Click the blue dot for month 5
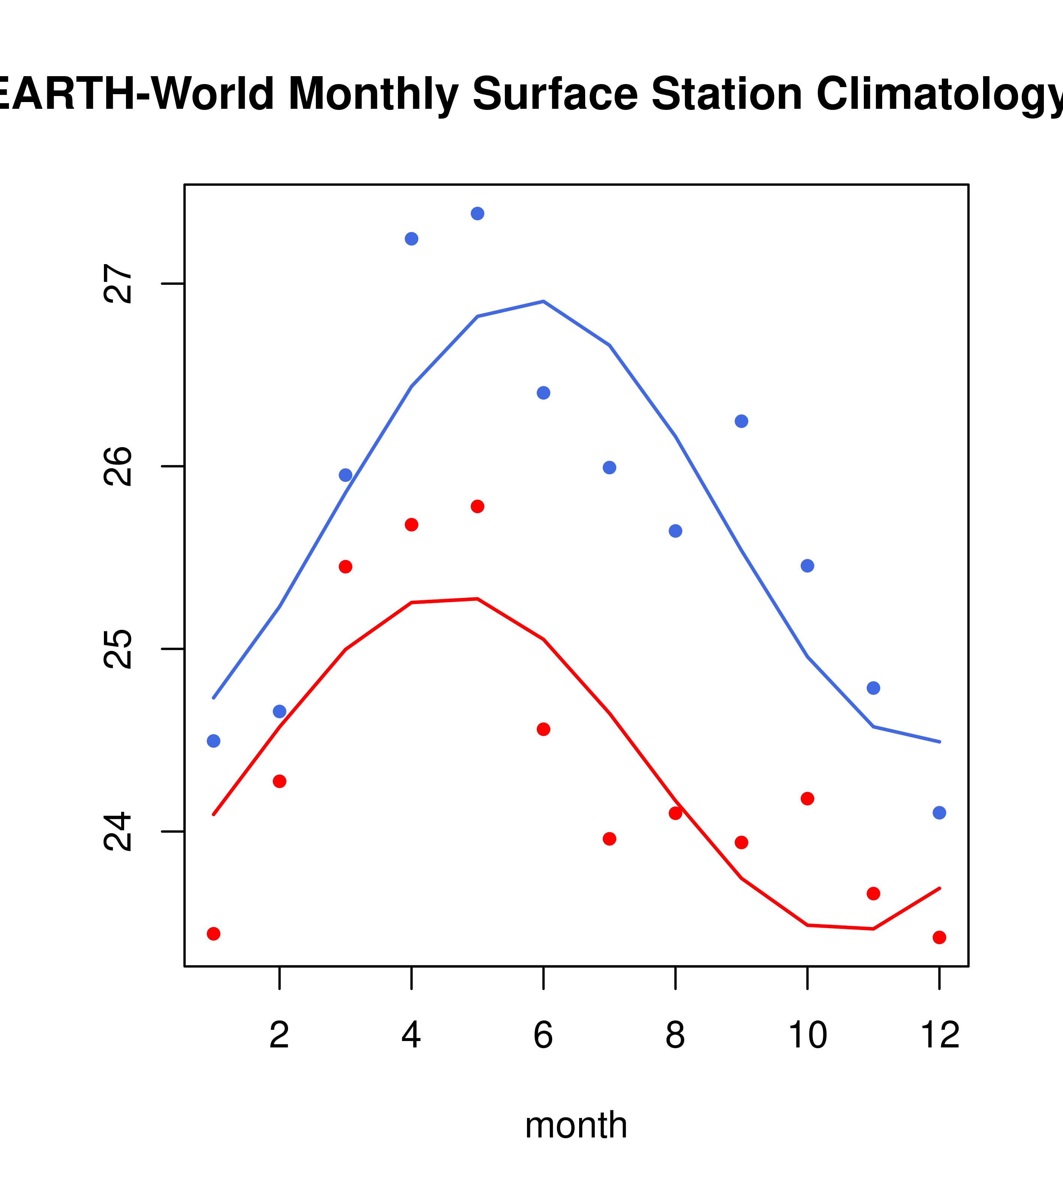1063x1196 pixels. coord(477,213)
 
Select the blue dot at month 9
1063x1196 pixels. coord(741,421)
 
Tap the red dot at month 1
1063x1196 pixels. coord(213,934)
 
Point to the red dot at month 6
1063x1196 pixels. coord(544,729)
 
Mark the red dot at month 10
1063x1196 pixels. coord(807,799)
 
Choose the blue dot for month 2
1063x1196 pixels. coord(280,712)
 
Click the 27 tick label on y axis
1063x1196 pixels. coord(117,284)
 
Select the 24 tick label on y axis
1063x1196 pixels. coord(117,831)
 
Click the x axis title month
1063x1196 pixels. coord(576,1125)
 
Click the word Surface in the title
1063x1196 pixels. coord(555,94)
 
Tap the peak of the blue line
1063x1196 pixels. coord(544,301)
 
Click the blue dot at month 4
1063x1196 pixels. coord(411,239)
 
